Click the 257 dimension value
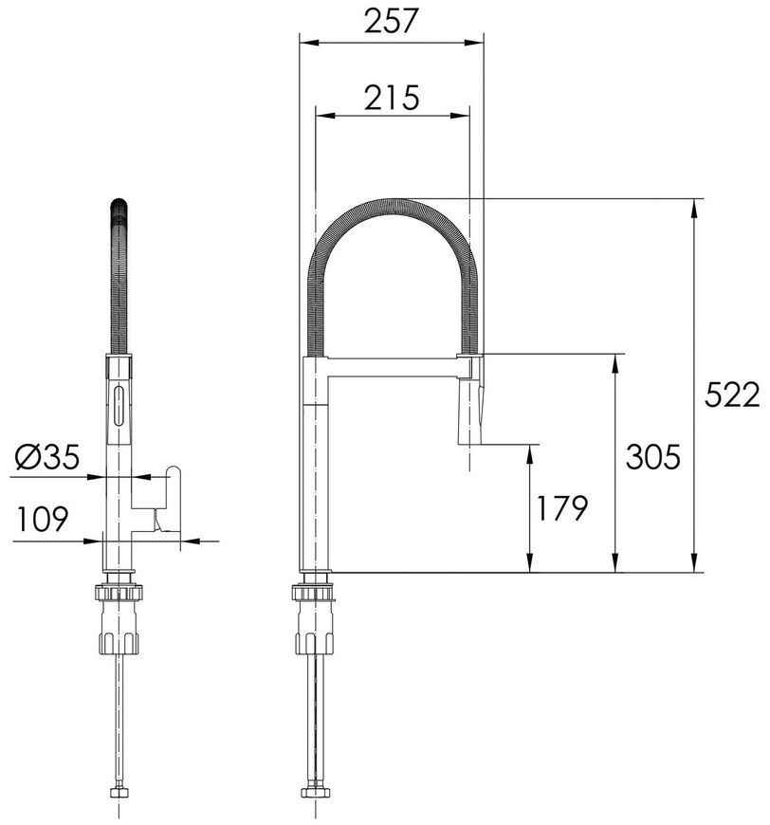[x=391, y=21]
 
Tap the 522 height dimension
[x=732, y=394]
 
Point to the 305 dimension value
[x=652, y=456]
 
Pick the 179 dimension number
[x=561, y=507]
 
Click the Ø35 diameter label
[x=47, y=456]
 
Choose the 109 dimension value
[x=43, y=519]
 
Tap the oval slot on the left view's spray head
[x=119, y=406]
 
